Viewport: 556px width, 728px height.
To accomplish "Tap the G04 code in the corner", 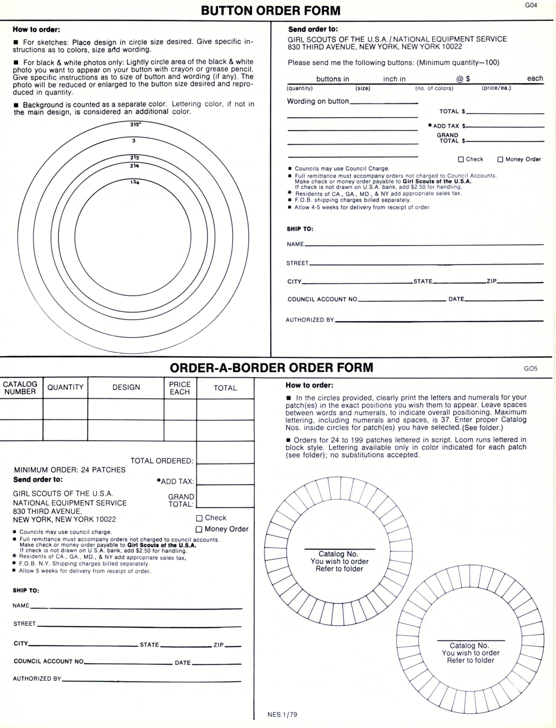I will click(x=531, y=5).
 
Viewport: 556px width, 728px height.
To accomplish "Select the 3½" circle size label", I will click(x=135, y=124).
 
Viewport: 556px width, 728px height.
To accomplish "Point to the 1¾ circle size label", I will click(x=134, y=182).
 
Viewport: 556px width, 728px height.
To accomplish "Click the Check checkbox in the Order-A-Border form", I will click(x=199, y=518).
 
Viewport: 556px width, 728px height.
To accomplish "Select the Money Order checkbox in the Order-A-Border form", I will click(x=199, y=529).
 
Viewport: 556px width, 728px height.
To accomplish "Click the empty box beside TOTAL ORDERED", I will click(x=225, y=453).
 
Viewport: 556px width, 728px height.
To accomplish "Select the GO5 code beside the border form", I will click(x=531, y=369).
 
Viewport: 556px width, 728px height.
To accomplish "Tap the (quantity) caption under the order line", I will click(x=300, y=88).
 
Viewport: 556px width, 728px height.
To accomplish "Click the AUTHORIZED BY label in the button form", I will click(x=310, y=320).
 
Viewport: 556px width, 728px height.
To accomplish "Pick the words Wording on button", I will click(x=318, y=101).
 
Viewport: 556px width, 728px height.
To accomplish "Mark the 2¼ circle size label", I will click(x=134, y=166).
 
